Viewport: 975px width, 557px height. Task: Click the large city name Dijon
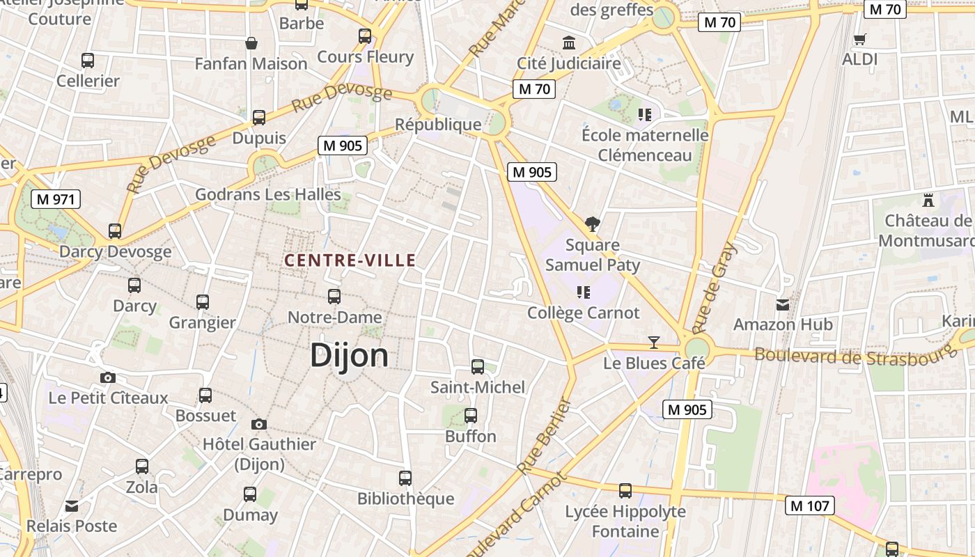click(x=349, y=355)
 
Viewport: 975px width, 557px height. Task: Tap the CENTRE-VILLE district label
click(x=350, y=260)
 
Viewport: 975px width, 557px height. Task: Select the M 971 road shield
click(x=56, y=199)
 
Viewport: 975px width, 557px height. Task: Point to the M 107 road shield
click(x=810, y=505)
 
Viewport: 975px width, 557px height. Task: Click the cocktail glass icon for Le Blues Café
click(x=653, y=342)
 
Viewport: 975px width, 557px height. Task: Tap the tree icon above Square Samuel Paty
click(x=593, y=223)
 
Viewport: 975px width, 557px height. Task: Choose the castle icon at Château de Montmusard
click(x=927, y=201)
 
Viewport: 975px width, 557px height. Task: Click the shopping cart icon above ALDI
click(x=860, y=39)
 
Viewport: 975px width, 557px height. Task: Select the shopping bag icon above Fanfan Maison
click(x=251, y=43)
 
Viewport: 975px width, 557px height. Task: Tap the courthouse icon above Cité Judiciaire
click(x=569, y=43)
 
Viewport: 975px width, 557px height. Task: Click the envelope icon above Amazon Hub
click(x=783, y=304)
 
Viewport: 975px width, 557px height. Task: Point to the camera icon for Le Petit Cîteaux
click(x=108, y=377)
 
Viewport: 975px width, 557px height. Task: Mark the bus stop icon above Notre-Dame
click(x=334, y=297)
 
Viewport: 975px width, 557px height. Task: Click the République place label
click(x=438, y=125)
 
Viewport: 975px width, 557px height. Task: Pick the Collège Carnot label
click(x=583, y=313)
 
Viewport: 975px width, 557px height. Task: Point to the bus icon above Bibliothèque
click(x=405, y=478)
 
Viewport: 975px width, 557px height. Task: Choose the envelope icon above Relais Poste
click(x=72, y=506)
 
